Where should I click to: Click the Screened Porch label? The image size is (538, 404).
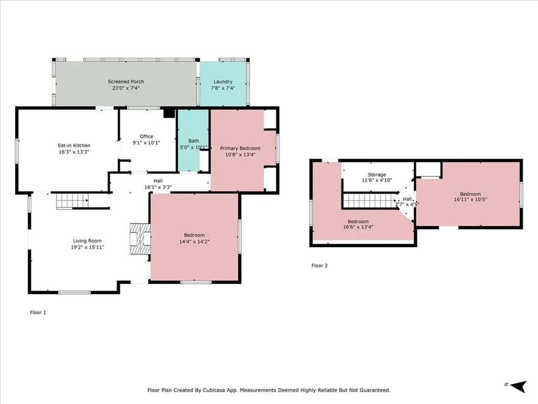(x=126, y=82)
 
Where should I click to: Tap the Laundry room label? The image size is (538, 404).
(x=223, y=82)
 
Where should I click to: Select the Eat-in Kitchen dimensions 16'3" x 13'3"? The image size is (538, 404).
(x=74, y=152)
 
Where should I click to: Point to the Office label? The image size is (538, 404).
(x=147, y=136)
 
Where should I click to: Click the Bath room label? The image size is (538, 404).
(x=193, y=141)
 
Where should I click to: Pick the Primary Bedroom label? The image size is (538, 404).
(x=240, y=148)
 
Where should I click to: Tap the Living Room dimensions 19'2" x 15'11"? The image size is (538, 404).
(x=88, y=247)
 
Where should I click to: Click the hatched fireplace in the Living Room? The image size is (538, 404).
(x=140, y=239)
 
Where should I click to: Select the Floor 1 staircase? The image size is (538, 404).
(x=73, y=201)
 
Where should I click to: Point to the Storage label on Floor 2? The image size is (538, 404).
(x=377, y=175)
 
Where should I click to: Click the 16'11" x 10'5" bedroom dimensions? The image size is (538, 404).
(x=470, y=199)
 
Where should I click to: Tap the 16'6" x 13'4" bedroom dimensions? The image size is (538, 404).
(x=358, y=227)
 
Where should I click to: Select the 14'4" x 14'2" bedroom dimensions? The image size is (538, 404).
(x=194, y=241)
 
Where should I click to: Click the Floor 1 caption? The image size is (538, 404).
(x=38, y=312)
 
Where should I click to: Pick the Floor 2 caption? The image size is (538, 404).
(x=319, y=266)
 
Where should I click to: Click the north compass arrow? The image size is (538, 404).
(x=519, y=386)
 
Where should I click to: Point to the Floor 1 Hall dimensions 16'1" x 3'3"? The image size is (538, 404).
(x=158, y=187)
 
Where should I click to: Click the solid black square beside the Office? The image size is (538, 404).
(x=169, y=113)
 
